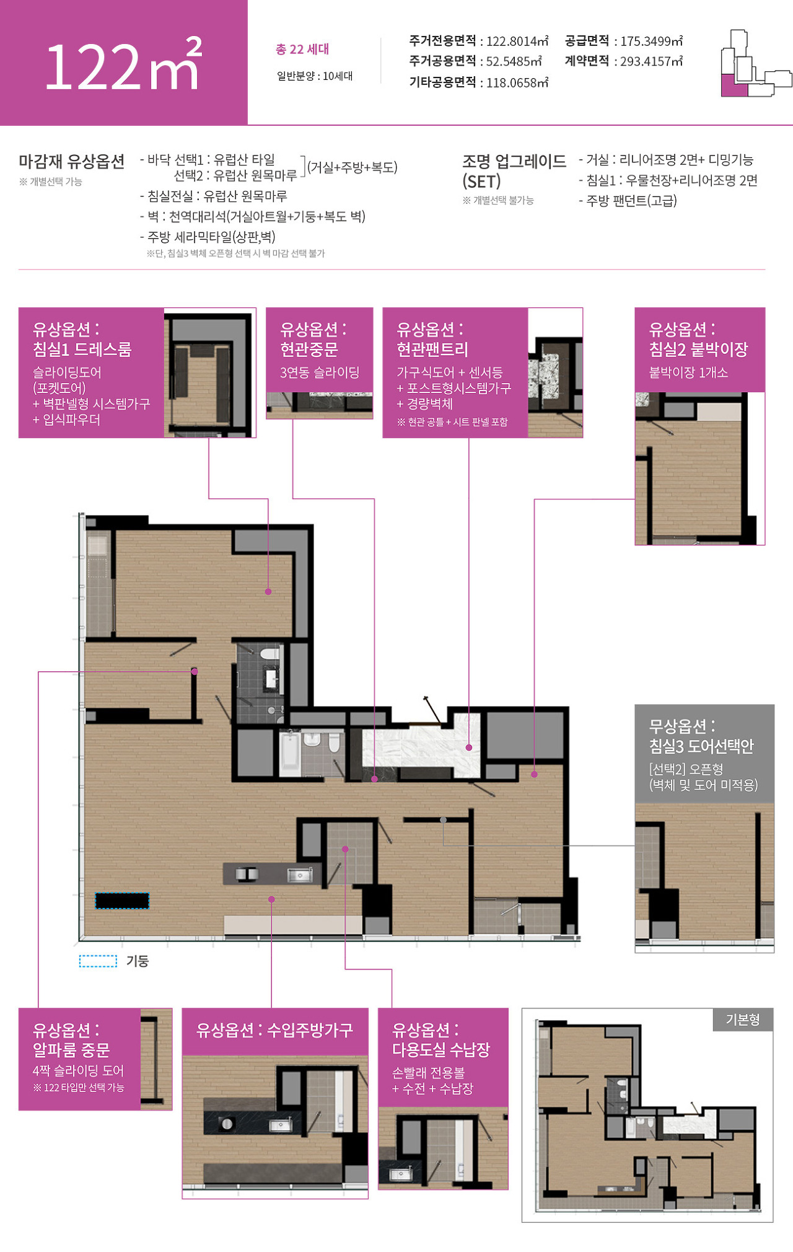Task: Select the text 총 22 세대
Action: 302,49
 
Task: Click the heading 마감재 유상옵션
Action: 72,161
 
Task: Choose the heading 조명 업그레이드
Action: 514,161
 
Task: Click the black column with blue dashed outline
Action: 122,901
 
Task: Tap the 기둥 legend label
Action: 138,961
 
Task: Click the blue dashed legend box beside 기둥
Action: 98,961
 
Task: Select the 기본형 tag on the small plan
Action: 743,1020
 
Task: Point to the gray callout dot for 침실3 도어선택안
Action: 443,820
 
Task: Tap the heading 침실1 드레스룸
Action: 82,349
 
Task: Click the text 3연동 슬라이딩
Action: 320,372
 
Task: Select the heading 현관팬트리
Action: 432,349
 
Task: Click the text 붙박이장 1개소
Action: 688,372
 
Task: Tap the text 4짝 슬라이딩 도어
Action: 79,1070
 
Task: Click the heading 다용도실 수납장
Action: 441,1049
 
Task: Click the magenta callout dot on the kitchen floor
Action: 271,899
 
